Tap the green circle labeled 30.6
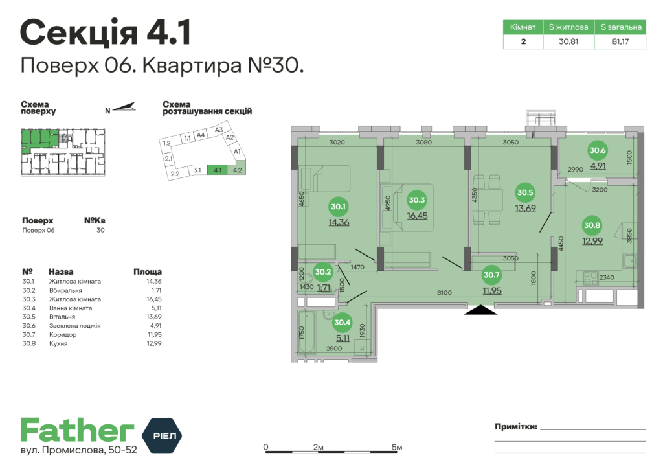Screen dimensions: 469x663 [x=598, y=150]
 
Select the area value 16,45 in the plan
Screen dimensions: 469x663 [x=417, y=216]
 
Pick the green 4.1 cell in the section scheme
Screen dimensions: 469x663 [x=218, y=171]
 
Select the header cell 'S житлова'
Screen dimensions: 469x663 [x=568, y=27]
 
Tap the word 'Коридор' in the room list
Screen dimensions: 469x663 [x=63, y=335]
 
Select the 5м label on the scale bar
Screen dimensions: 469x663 [x=398, y=448]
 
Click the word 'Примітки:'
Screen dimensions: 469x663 [x=515, y=427]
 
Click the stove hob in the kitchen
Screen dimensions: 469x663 [x=590, y=280]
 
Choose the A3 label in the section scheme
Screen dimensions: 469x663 [x=219, y=130]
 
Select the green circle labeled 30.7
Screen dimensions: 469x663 [x=491, y=275]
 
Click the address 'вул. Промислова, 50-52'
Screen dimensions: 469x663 [x=78, y=450]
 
